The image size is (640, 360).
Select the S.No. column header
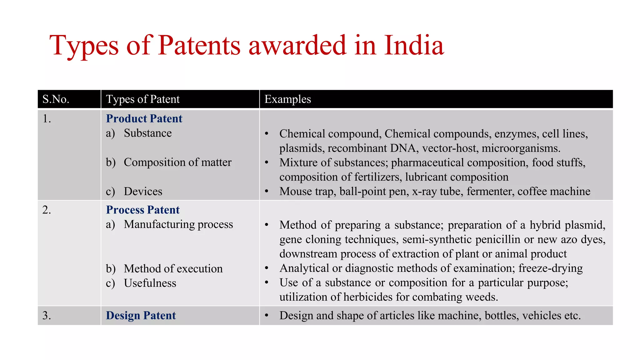point(56,99)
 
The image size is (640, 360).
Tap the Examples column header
point(287,99)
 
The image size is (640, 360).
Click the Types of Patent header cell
point(143,99)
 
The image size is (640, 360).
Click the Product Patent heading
point(144,118)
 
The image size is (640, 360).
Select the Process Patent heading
point(143,210)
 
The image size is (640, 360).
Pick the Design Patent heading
point(141,315)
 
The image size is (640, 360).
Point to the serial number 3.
point(46,315)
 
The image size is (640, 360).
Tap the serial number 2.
point(46,210)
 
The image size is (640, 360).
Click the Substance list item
point(147,133)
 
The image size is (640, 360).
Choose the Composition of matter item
point(177,162)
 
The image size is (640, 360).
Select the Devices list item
point(143,191)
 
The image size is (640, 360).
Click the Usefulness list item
point(150,283)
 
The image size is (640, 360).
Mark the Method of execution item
point(173,268)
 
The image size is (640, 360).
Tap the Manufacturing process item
point(178,224)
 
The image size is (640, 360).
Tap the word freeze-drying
point(550,268)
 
